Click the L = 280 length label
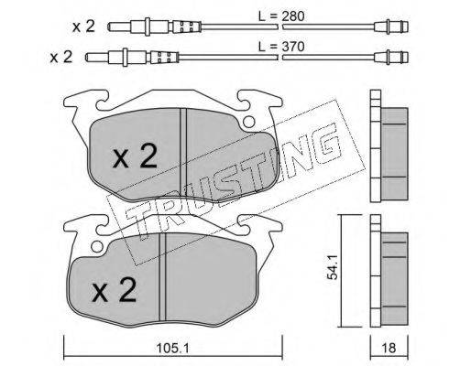click(x=281, y=16)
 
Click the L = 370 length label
click(x=281, y=47)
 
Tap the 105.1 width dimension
click(x=172, y=348)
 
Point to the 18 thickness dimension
click(x=389, y=348)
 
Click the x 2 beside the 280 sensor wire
click(x=83, y=27)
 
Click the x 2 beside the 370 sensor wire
click(x=61, y=57)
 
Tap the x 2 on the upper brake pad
click(x=135, y=156)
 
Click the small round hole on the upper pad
click(x=249, y=122)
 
